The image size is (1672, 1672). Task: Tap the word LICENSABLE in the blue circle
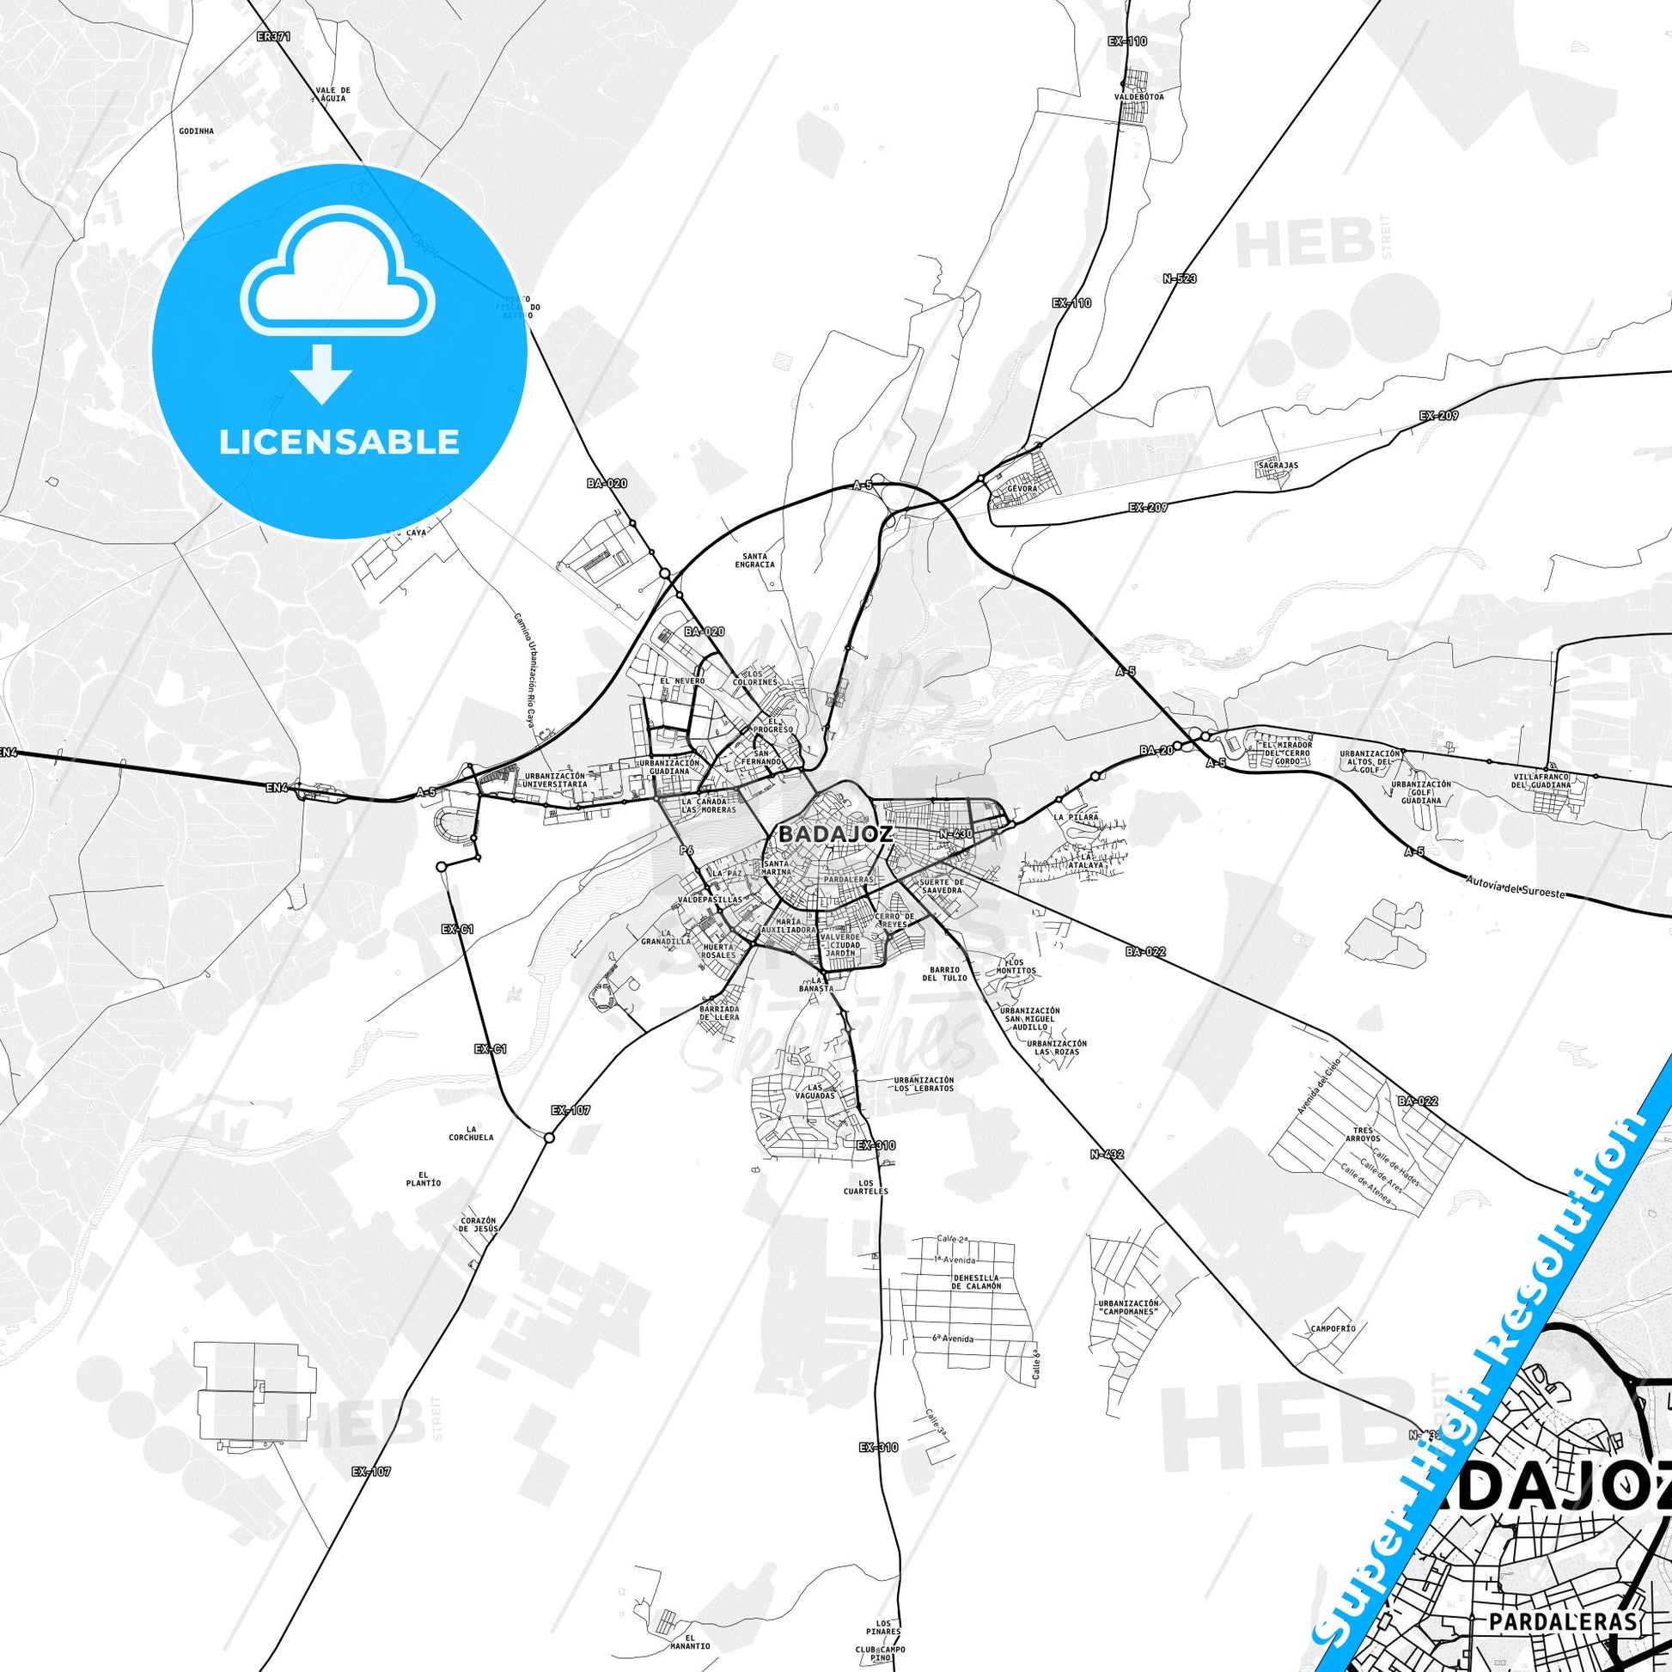(x=339, y=442)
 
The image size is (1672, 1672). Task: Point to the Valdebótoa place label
(x=1139, y=97)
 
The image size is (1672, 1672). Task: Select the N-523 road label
(x=1180, y=279)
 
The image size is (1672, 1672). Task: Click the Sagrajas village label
(x=1278, y=465)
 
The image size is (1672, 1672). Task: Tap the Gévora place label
(x=1022, y=489)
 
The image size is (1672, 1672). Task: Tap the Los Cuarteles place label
(x=866, y=1187)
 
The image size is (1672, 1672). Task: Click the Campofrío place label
(x=1333, y=1327)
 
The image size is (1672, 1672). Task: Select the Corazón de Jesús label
(x=478, y=1227)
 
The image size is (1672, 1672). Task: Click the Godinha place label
(x=196, y=131)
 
